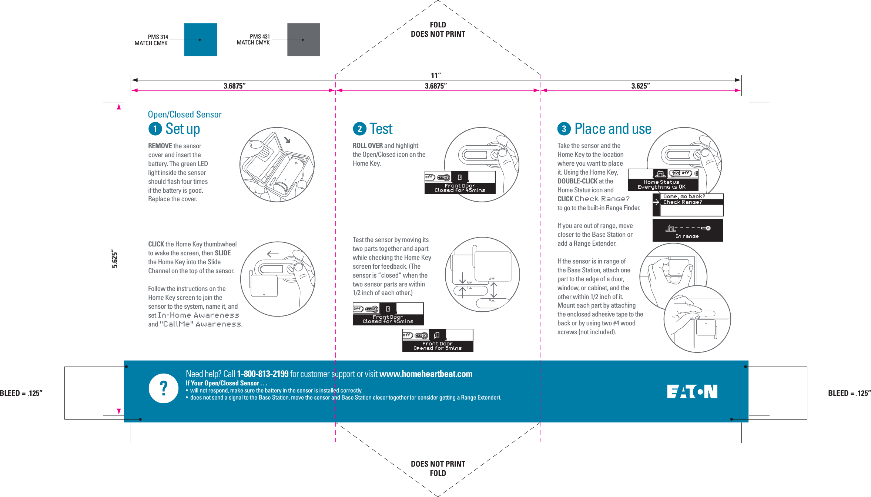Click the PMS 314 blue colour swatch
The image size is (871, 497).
(x=201, y=40)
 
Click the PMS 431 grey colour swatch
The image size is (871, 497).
(x=304, y=40)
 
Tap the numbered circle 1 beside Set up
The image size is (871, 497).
(x=155, y=129)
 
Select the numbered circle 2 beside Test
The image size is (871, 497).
(x=359, y=129)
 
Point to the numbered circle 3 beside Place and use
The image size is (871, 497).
(x=564, y=129)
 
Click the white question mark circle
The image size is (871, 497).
(x=163, y=388)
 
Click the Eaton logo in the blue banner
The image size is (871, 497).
(x=692, y=391)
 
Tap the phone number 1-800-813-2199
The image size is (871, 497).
(x=262, y=374)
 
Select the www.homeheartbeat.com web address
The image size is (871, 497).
(x=426, y=374)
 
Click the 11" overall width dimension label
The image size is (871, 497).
(x=436, y=76)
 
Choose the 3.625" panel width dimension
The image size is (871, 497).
(x=640, y=86)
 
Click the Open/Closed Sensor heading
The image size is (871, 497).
(x=185, y=115)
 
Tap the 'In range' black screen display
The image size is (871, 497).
(x=687, y=231)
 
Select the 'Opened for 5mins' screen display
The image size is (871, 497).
(x=438, y=340)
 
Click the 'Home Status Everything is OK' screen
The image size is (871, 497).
(x=663, y=180)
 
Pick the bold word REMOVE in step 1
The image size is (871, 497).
(x=160, y=146)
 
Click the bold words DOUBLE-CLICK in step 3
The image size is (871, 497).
(x=577, y=181)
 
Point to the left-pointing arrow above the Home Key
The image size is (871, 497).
(x=273, y=254)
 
